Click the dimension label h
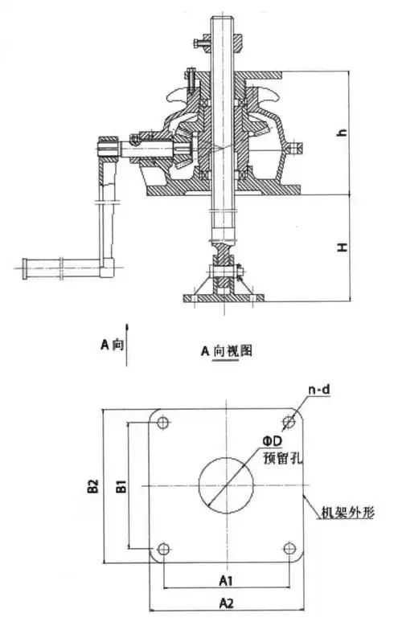[343, 133]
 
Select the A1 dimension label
[226, 580]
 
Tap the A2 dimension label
[227, 603]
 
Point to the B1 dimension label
[121, 486]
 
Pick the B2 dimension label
[93, 486]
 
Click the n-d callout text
[319, 390]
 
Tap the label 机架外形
[348, 512]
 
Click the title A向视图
[227, 350]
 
